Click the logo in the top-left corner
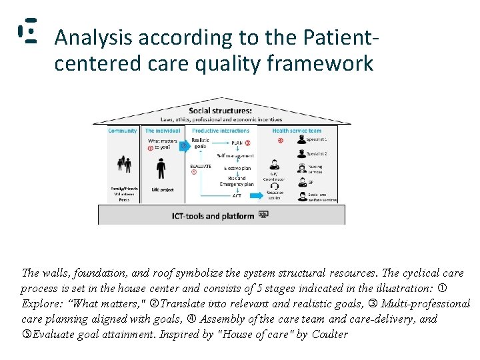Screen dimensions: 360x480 [x=27, y=33]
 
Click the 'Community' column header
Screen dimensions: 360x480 [x=123, y=131]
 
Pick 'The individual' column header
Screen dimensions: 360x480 [x=163, y=131]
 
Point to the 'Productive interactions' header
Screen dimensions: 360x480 [x=221, y=131]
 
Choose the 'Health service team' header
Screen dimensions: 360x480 [x=297, y=131]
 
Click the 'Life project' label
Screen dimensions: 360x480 [x=162, y=190]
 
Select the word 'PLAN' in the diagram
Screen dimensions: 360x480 [x=236, y=143]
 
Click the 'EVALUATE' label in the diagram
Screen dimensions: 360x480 [x=201, y=166]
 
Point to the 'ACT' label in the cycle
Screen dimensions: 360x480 [x=237, y=195]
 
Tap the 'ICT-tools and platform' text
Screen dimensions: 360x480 [x=212, y=216]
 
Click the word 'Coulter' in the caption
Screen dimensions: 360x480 [x=330, y=334]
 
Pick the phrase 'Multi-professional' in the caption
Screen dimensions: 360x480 [x=425, y=303]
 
